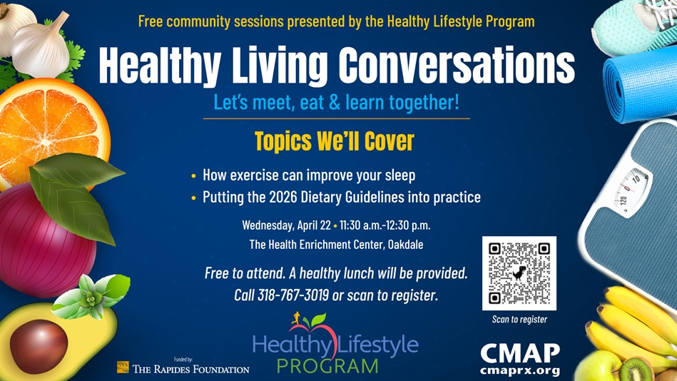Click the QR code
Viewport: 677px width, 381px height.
519,273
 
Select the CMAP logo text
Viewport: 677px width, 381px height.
519,353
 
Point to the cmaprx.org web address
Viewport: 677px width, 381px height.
519,371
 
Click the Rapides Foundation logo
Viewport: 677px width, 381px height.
183,368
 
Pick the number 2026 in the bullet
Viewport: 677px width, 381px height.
284,196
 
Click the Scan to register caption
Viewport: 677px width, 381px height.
519,319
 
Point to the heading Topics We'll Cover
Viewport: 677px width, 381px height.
334,141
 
